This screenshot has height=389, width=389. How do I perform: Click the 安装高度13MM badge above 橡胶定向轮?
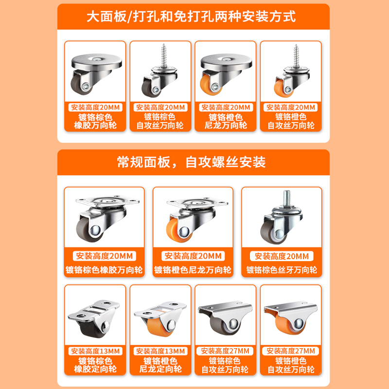point(95,351)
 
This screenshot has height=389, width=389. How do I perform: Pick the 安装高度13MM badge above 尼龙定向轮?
point(160,351)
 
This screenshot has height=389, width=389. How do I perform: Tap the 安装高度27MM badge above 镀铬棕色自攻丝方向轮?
point(225,351)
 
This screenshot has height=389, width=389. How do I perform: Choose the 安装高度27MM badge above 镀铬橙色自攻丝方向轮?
point(290,351)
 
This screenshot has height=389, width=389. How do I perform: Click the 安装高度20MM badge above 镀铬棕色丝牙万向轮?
point(282,256)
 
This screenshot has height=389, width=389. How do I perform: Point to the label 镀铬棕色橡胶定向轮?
point(95,365)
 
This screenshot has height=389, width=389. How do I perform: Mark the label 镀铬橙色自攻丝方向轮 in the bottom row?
point(290,365)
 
